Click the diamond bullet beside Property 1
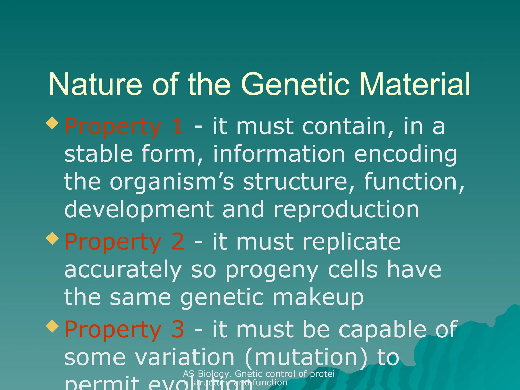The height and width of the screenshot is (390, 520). tap(53, 123)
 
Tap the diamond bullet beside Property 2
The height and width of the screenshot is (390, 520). tap(53, 238)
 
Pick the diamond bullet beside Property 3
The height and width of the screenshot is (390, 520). tap(53, 326)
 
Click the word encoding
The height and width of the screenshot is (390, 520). tap(405, 155)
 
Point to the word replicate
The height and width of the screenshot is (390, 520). tap(351, 242)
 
